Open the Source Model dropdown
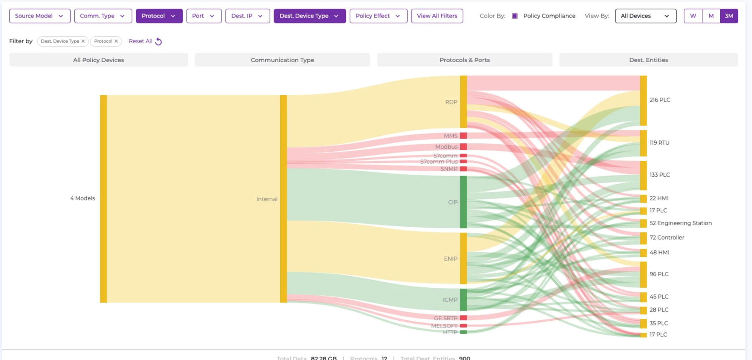(40, 16)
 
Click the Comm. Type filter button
(103, 16)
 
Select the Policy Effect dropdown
(378, 16)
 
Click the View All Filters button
(437, 16)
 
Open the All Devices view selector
(645, 16)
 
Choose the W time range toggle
(693, 16)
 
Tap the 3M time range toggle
(729, 16)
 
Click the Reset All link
(145, 41)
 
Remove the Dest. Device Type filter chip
(83, 41)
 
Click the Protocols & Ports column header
(465, 60)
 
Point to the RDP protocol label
(451, 102)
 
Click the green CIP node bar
(463, 202)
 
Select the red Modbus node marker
(463, 147)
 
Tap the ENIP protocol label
(450, 259)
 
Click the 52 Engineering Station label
(680, 223)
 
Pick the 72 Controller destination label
(667, 237)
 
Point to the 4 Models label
(82, 198)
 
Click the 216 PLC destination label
(660, 100)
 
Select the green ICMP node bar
(463, 299)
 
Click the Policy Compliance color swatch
(515, 16)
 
